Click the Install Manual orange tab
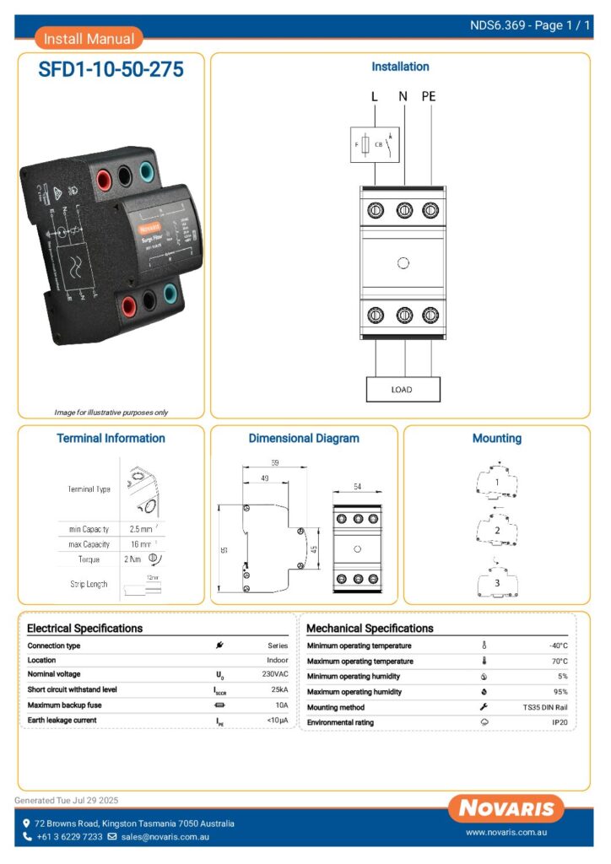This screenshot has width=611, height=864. point(89,38)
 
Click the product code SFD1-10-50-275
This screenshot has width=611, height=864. point(111,70)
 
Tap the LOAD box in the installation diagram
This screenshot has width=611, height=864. point(403,390)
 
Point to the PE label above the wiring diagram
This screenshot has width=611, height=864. point(429,96)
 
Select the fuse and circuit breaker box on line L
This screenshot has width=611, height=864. point(374,144)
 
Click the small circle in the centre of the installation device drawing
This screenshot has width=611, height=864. point(403,263)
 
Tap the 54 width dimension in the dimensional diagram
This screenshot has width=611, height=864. point(357,489)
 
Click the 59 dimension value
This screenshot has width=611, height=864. point(275,463)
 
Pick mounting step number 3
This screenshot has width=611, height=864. point(497,582)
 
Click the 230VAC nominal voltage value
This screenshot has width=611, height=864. point(275,675)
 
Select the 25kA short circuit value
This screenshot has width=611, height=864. point(279,689)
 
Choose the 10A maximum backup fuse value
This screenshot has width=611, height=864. point(280,705)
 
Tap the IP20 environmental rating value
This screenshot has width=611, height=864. point(560,723)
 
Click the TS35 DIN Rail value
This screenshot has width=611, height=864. point(545,707)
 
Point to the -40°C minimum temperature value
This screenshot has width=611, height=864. point(558,645)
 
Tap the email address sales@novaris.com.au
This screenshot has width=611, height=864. point(165,837)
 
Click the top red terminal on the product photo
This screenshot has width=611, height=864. point(106,179)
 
